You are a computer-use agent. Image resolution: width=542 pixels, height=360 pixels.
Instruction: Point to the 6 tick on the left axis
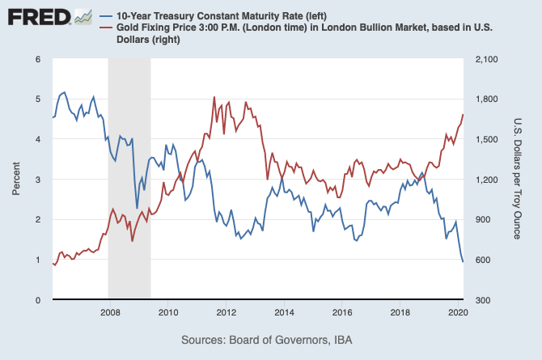tap(37, 59)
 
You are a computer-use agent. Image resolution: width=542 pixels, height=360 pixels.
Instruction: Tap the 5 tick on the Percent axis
tap(37, 99)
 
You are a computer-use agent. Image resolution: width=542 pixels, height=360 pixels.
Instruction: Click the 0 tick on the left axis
tap(37, 300)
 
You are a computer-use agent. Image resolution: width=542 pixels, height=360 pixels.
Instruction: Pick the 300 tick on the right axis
tap(481, 300)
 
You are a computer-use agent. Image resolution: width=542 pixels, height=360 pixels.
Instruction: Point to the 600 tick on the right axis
tap(481, 260)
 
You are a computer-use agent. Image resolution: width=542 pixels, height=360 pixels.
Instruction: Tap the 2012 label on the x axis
tap(226, 311)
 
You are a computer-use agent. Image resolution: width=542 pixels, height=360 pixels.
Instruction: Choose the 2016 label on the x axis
tap(342, 311)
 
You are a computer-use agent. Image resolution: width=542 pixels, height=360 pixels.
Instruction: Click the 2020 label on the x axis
tap(458, 311)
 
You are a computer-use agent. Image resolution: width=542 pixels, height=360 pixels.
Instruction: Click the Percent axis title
tap(16, 179)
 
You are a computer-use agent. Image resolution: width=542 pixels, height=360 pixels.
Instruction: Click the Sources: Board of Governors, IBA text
tap(271, 339)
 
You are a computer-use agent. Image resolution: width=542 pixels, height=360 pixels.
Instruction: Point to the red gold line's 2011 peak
tap(214, 97)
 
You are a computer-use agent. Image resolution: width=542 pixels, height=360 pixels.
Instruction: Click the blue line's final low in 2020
tap(463, 261)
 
